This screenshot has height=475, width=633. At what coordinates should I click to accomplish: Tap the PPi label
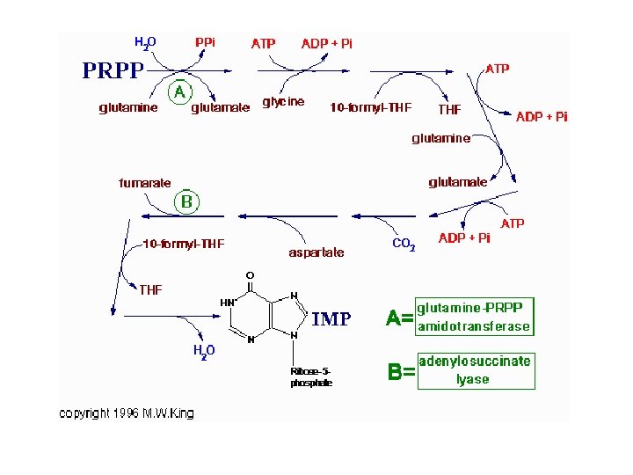tap(205, 42)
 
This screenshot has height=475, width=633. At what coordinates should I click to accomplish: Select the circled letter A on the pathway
tap(179, 91)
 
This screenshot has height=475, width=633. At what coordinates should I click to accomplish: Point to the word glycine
tap(283, 102)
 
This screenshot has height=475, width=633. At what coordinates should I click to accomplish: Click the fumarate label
tap(145, 183)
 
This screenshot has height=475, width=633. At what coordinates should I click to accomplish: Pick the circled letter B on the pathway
tap(186, 201)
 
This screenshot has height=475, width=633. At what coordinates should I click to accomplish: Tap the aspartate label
tap(316, 252)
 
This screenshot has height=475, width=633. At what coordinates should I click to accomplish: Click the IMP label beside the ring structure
tap(331, 320)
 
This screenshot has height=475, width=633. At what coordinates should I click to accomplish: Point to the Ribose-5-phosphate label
tap(312, 376)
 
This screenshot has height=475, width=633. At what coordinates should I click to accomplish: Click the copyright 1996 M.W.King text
tap(127, 413)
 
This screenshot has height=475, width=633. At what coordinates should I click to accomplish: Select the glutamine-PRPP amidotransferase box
tap(474, 317)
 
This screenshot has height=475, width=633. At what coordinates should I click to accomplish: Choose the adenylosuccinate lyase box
tap(475, 370)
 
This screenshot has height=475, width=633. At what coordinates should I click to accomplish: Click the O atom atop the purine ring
tap(250, 275)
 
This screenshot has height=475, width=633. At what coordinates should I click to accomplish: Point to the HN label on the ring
tap(227, 302)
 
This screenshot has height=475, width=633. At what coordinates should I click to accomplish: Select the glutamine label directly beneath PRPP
tap(128, 108)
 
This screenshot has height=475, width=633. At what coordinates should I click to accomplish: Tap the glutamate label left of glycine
tap(221, 108)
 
